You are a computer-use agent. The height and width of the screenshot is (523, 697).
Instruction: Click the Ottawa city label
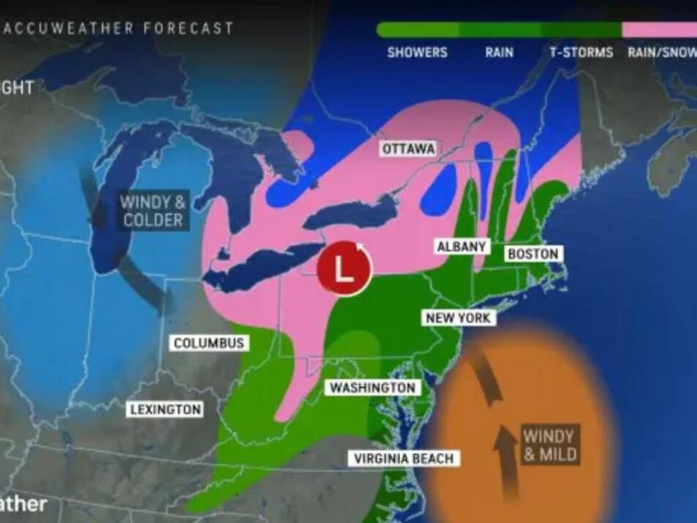coord(408,148)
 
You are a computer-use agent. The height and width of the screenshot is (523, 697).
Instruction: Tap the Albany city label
coord(461,247)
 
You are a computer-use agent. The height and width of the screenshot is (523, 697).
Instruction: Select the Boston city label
coord(532,254)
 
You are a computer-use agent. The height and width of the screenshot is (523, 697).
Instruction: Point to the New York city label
coord(459,317)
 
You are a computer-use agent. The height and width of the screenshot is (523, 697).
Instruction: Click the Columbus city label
coord(209,342)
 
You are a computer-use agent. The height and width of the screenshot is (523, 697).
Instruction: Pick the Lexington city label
coord(165,409)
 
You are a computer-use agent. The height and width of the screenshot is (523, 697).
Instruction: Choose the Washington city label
coord(373,388)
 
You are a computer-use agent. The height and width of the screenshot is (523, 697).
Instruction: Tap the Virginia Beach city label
coord(404,459)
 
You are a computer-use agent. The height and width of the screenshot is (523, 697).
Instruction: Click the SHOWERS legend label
coord(417,53)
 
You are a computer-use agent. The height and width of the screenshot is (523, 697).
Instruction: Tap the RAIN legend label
coord(499,53)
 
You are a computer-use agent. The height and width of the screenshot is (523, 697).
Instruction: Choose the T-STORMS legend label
coord(581,53)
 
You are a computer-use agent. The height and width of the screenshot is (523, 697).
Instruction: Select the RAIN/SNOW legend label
coord(661,53)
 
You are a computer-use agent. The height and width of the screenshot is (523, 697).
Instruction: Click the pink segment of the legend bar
coord(659,30)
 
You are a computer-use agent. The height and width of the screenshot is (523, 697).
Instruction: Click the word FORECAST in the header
coord(189,29)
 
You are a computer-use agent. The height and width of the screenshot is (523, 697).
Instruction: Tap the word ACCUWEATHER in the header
coord(69,29)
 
